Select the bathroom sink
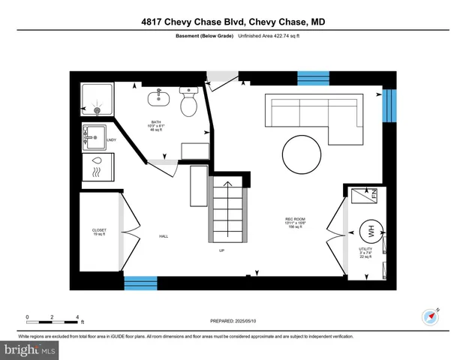[x=159, y=97]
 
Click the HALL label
[x=164, y=236]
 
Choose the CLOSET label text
[x=99, y=231]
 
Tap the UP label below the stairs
[x=222, y=250]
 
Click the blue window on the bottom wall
[x=140, y=283]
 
